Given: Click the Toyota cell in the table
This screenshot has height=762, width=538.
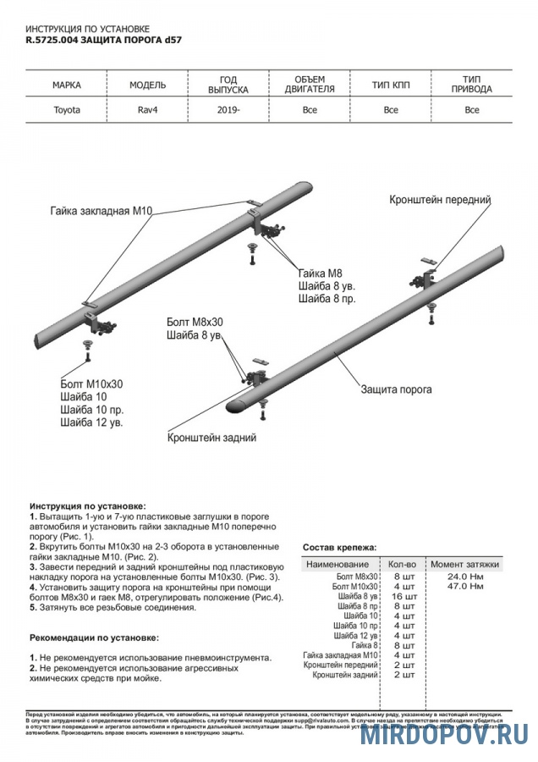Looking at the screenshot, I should point(67,110).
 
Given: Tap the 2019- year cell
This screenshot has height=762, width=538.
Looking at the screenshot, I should point(228,110).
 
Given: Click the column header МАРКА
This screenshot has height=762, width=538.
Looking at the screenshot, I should point(67,86).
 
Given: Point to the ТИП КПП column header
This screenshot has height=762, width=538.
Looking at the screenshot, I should point(391,86).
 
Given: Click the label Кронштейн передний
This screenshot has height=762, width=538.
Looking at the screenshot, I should point(440,200).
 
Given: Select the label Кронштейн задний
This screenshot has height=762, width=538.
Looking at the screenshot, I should point(211,438).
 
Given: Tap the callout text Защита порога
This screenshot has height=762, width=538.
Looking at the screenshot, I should point(396,390).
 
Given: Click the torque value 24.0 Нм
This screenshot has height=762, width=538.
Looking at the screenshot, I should point(465,576).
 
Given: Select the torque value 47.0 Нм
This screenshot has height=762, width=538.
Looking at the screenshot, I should point(465,586).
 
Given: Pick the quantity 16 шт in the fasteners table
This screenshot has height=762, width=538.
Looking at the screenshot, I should point(404,596).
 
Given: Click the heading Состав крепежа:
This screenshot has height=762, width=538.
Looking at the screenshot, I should point(340,548).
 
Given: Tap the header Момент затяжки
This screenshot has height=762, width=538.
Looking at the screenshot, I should point(464,564).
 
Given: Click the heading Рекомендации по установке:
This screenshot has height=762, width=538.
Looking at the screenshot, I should point(94,637).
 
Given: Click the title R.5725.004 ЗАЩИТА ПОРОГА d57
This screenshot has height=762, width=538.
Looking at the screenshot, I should point(103,40).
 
